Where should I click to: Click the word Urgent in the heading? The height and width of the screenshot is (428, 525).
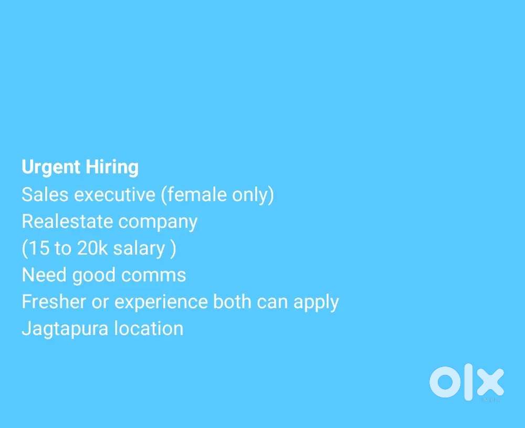point(50,168)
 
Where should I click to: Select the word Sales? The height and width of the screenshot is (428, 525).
point(45,195)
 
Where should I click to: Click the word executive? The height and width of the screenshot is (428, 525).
point(114,195)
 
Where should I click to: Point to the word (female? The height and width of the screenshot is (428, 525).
point(194,195)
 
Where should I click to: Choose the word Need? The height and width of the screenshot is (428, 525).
point(44,275)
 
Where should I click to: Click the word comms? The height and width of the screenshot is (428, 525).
point(157,275)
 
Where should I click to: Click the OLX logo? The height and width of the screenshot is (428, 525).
point(466,383)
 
